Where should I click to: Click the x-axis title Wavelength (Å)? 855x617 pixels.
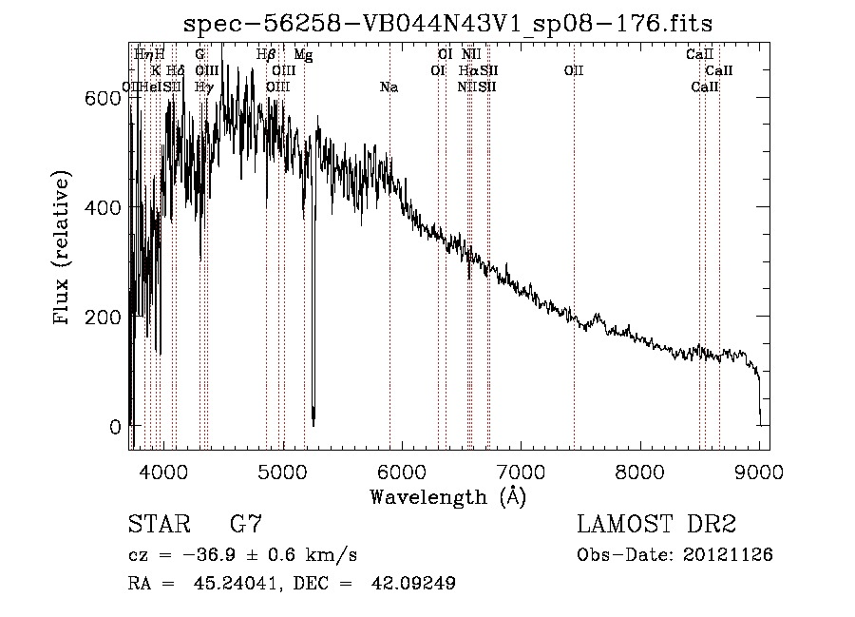pos(447,495)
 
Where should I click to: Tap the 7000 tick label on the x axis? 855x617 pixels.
pos(522,471)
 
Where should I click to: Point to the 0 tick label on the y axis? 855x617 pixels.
pos(115,426)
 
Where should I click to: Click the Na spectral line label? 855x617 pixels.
pos(389,87)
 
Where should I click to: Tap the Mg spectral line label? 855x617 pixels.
pos(303,55)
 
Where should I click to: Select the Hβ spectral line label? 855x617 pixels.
pos(266,55)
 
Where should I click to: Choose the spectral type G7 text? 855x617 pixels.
pos(245,524)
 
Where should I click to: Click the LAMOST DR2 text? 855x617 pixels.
pos(656,524)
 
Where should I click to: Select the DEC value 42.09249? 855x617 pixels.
pos(415,584)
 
